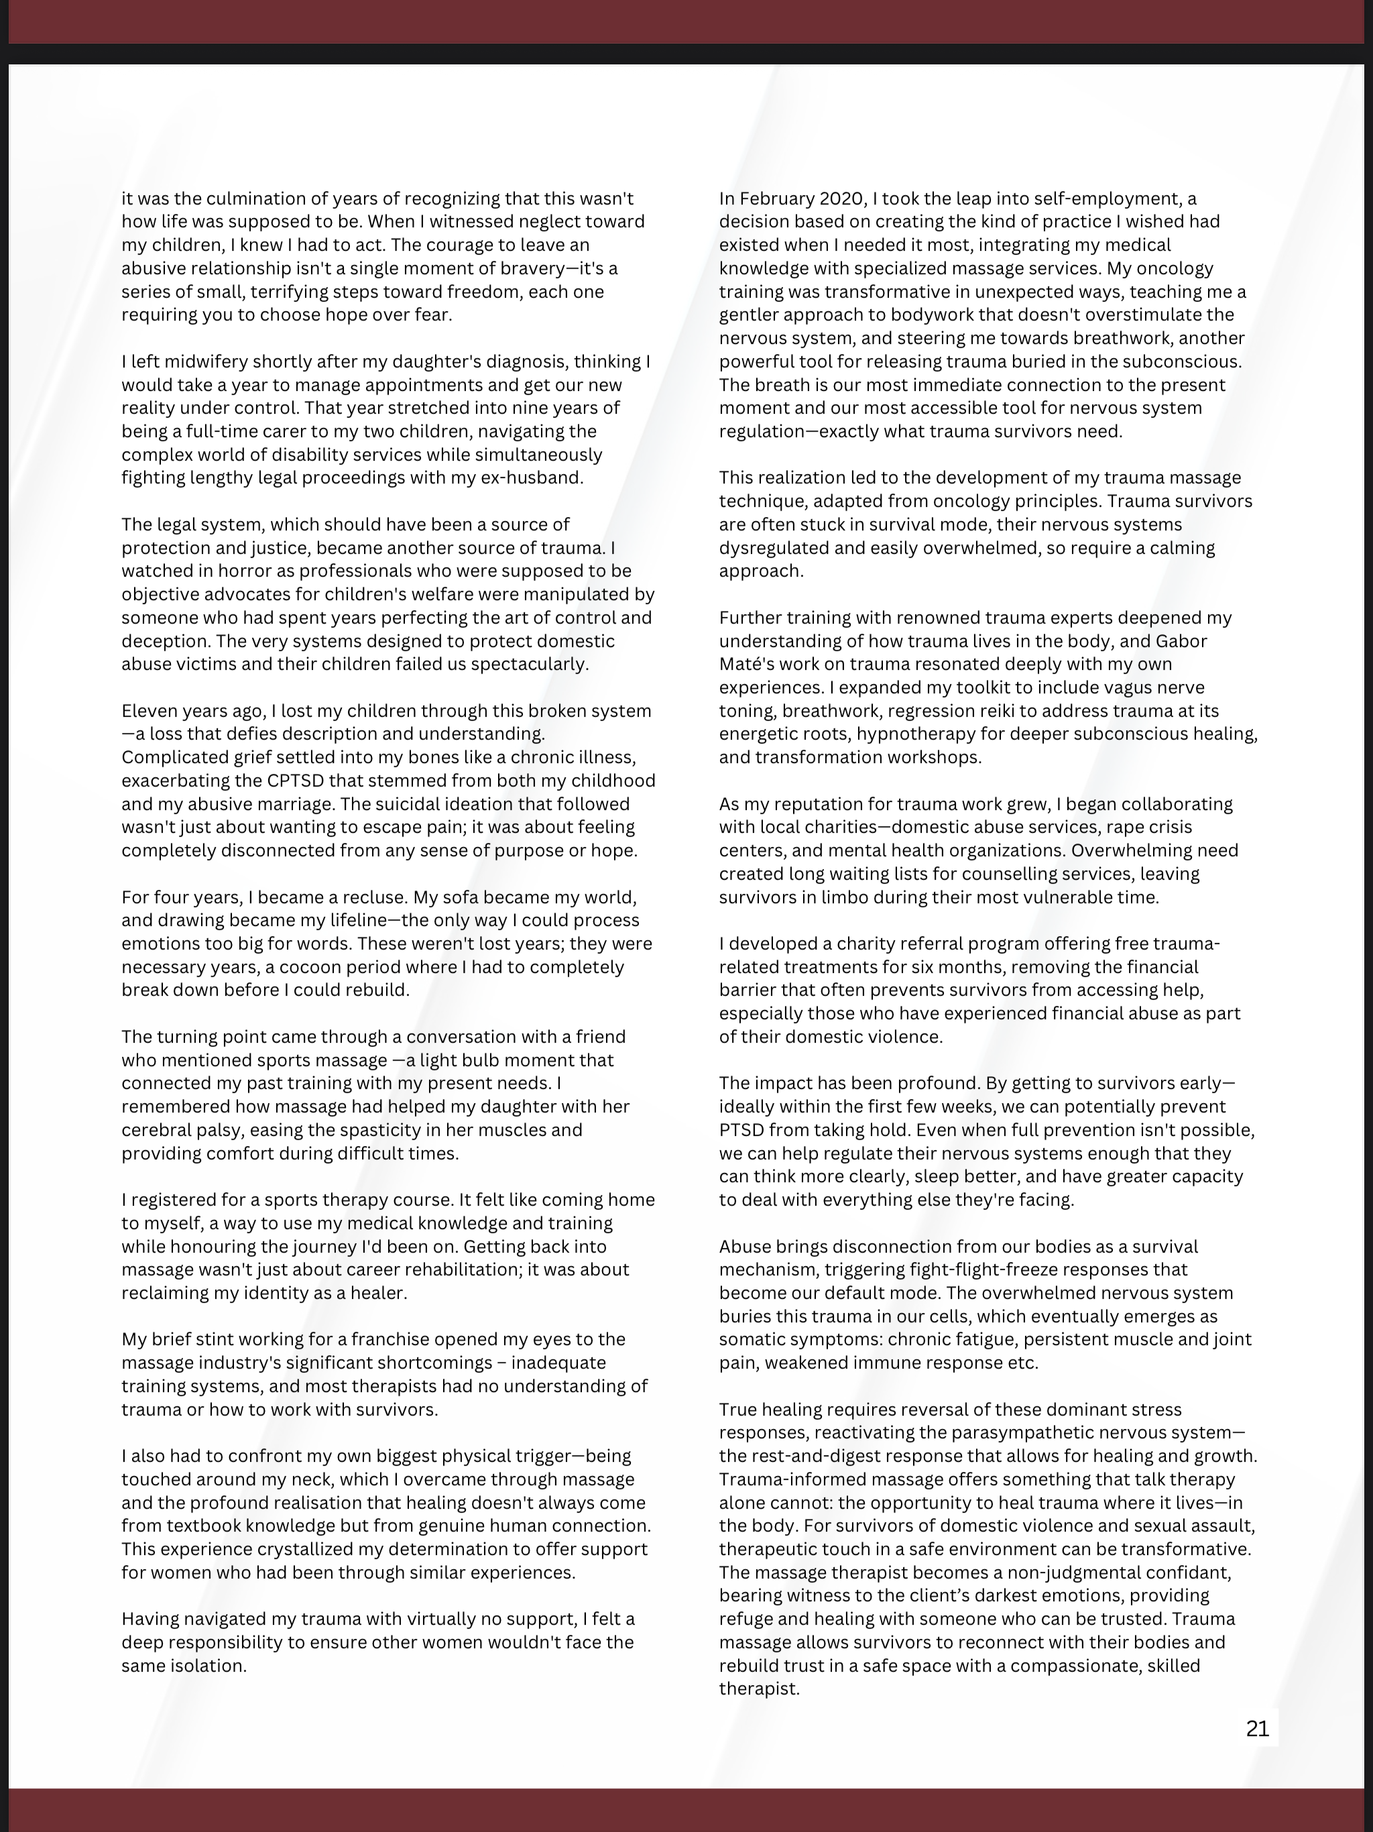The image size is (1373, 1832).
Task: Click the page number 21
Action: click(x=1257, y=1729)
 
